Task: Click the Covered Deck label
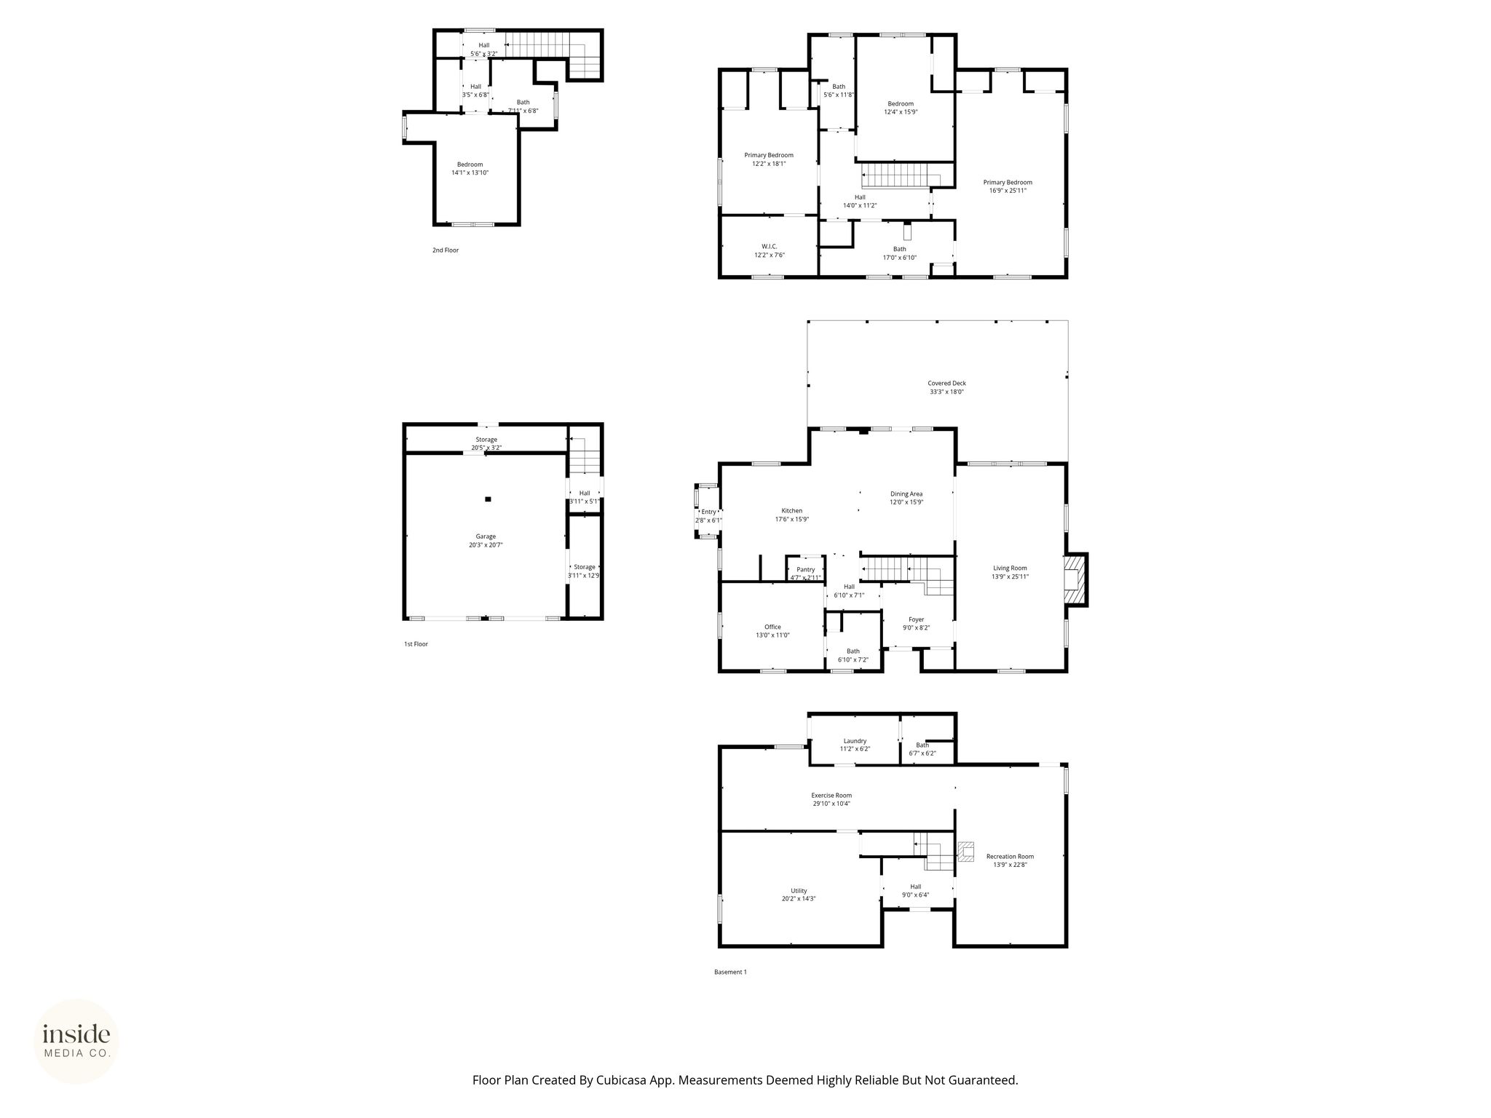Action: [946, 383]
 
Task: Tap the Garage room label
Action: [486, 536]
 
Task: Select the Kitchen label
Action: [791, 511]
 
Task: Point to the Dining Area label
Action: [906, 493]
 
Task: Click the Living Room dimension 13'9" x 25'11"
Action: [1010, 576]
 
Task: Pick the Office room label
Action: [772, 627]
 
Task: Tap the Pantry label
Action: [805, 569]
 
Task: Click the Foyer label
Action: [916, 619]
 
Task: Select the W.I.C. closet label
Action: [770, 246]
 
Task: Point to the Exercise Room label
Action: [831, 795]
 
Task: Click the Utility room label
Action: [799, 890]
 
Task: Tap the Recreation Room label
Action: [1010, 856]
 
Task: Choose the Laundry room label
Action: [855, 740]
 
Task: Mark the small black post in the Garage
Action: [488, 499]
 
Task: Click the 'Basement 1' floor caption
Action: [730, 972]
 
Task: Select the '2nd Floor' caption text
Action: [446, 250]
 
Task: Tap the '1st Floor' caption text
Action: [416, 643]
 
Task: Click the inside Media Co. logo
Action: [77, 1041]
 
